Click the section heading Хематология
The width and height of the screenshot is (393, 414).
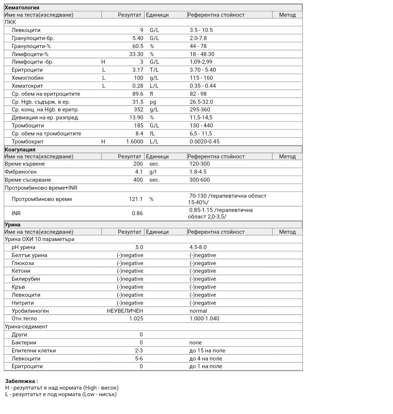[22, 7]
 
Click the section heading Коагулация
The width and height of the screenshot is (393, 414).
[20, 149]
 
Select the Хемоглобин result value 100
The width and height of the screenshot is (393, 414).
[138, 78]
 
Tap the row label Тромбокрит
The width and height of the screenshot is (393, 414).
[28, 142]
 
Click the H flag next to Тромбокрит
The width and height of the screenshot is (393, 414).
[103, 142]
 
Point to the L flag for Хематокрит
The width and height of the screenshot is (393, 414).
[104, 86]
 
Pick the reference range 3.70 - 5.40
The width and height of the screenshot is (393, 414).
[203, 70]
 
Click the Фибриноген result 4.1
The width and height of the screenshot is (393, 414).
[139, 172]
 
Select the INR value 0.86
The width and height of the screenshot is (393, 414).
[137, 213]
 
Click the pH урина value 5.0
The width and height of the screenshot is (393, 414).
[139, 247]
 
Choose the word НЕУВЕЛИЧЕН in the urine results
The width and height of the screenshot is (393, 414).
[125, 311]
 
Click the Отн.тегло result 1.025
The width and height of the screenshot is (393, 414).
[136, 319]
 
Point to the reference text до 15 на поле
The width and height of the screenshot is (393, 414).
[207, 351]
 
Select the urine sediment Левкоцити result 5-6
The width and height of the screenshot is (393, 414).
[139, 359]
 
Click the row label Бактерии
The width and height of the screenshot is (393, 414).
[24, 343]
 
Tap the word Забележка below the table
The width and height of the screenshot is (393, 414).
[21, 381]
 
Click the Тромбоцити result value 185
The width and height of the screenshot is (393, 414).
[138, 126]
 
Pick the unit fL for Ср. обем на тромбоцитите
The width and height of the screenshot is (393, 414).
[152, 134]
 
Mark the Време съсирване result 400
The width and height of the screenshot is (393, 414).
[138, 180]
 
